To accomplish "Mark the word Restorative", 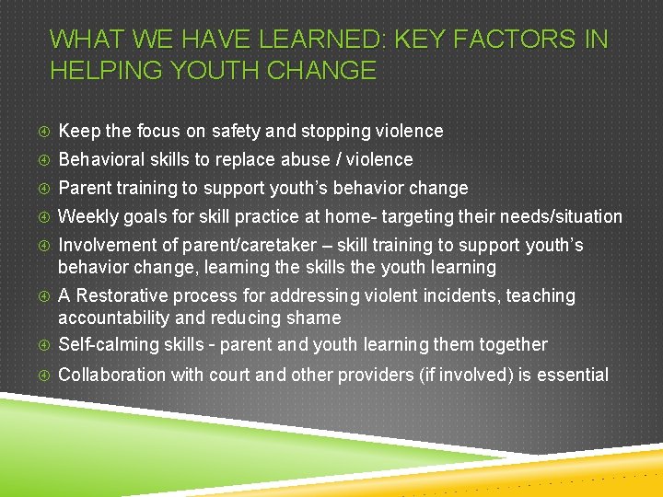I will coord(128,296).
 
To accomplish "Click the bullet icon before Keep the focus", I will coord(40,132).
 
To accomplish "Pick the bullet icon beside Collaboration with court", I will coord(40,376).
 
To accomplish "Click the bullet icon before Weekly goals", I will coord(40,217).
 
